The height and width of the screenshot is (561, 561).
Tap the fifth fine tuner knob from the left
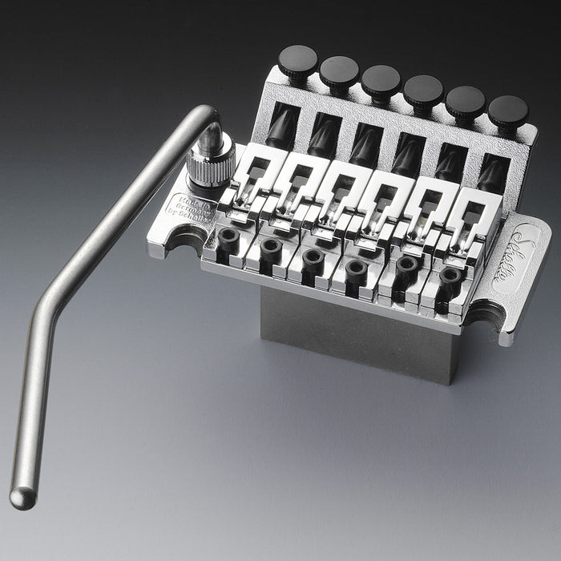[466, 99]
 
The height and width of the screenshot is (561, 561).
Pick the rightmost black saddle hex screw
[450, 276]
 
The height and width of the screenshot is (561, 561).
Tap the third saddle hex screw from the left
[313, 256]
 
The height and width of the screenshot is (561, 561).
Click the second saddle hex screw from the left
[271, 246]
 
